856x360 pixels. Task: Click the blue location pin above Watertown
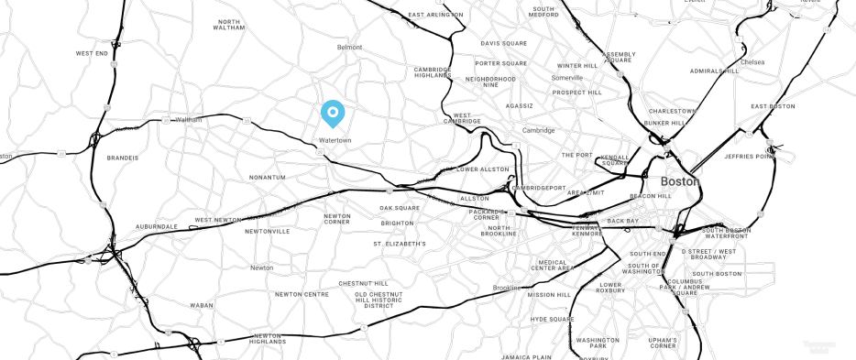(x=333, y=113)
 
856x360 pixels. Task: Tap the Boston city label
(x=679, y=181)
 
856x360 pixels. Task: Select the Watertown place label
(x=335, y=140)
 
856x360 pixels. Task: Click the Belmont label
(x=350, y=47)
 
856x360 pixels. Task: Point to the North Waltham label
(x=229, y=25)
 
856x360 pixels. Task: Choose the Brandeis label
(x=122, y=158)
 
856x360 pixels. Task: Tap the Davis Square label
(x=503, y=43)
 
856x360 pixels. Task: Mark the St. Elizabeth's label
(x=400, y=245)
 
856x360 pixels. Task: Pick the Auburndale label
(x=156, y=225)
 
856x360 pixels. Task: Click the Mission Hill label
(x=548, y=295)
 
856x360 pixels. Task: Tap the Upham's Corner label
(x=663, y=343)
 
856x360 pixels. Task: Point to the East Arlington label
(x=435, y=15)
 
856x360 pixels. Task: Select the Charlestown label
(x=673, y=111)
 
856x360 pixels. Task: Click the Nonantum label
(x=268, y=177)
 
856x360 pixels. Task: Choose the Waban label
(x=201, y=305)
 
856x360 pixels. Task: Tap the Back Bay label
(x=622, y=221)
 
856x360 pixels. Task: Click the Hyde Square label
(x=552, y=319)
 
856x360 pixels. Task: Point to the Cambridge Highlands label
(x=433, y=72)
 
